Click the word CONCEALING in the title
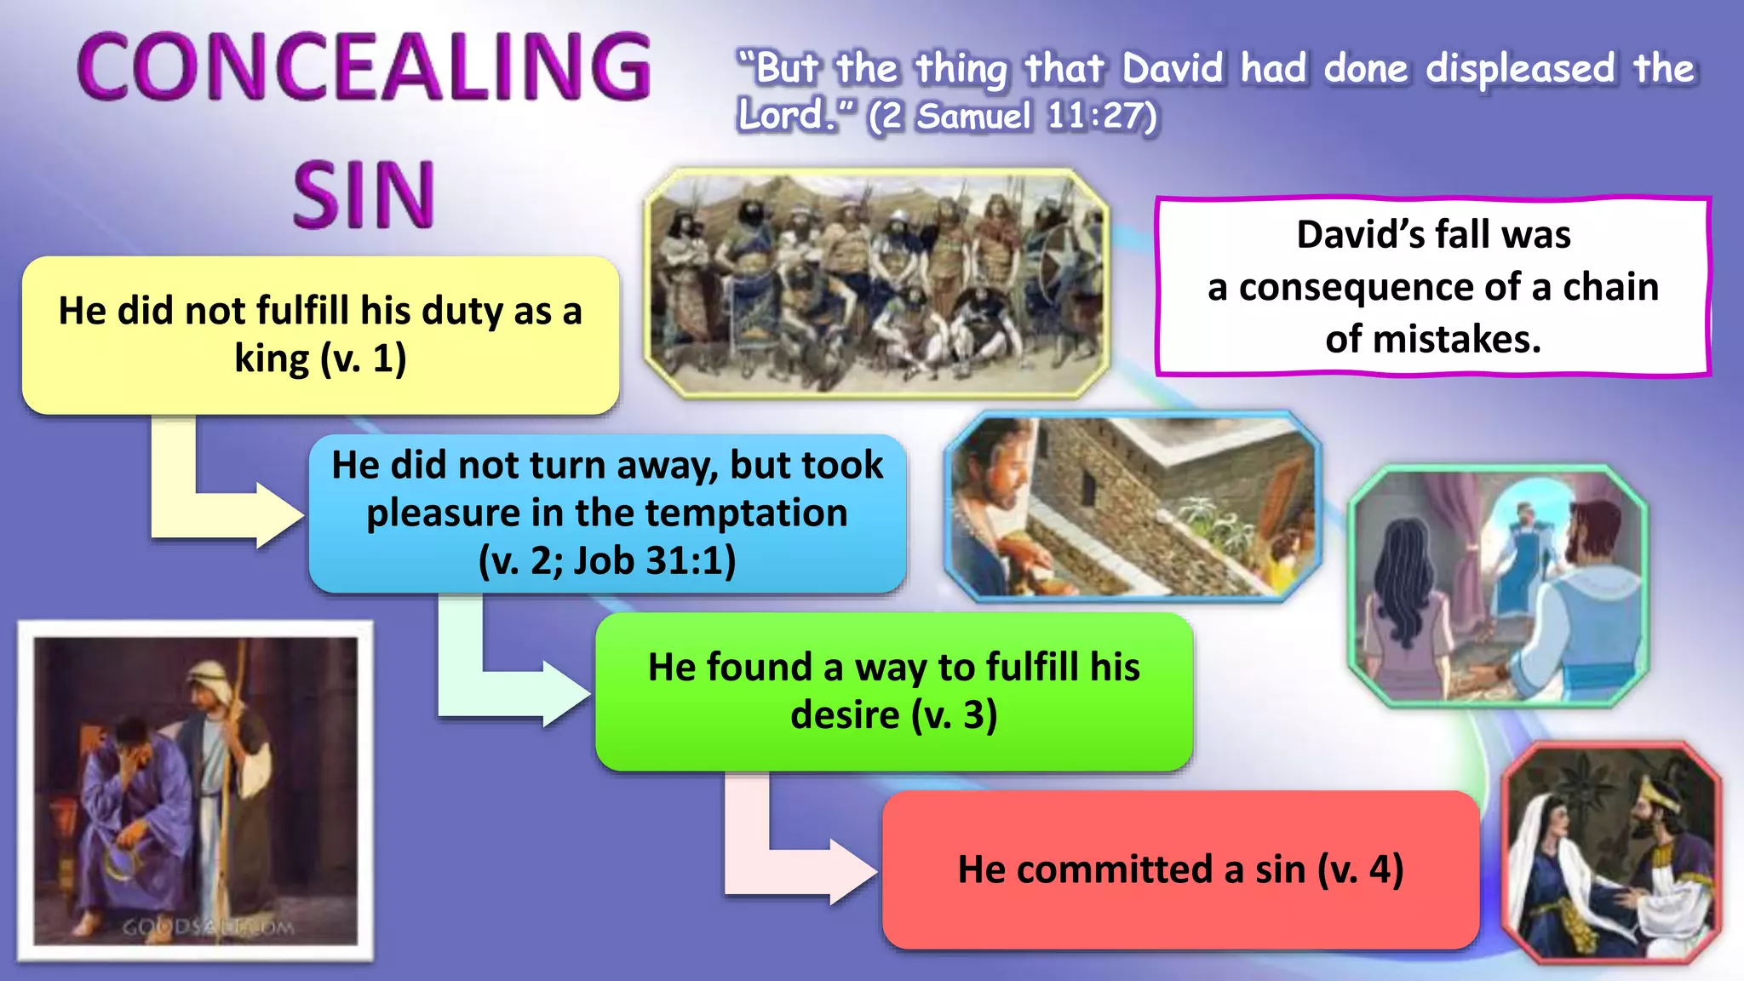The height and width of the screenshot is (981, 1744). [x=364, y=66]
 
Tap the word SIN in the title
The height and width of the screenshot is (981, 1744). [x=364, y=196]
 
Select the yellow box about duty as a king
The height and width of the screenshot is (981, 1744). [x=320, y=335]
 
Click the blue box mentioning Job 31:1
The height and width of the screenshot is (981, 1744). [x=607, y=513]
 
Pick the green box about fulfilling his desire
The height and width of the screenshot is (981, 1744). [x=893, y=691]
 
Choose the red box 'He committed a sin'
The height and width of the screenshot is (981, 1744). [x=1180, y=869]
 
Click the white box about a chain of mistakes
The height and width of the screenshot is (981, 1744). [x=1433, y=286]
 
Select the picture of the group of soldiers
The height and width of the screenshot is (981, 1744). [x=877, y=283]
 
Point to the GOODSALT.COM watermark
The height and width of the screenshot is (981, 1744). [x=208, y=926]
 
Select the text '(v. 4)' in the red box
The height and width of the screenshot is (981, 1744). [x=1360, y=869]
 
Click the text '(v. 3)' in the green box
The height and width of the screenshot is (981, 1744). [x=954, y=714]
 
